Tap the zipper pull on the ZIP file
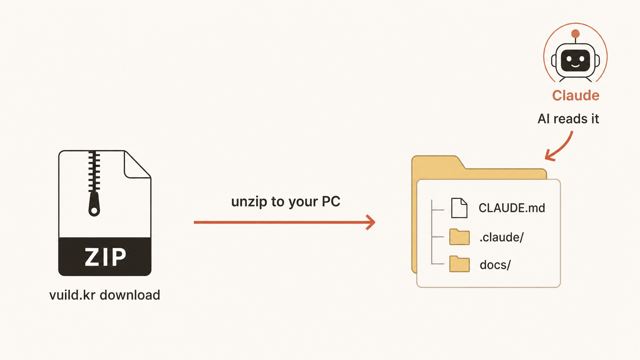click(x=94, y=204)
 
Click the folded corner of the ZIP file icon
click(x=137, y=165)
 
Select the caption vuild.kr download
click(x=104, y=295)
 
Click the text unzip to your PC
click(x=286, y=202)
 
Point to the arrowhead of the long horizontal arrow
click(x=371, y=222)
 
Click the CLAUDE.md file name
click(x=512, y=208)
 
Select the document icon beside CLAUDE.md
click(x=459, y=208)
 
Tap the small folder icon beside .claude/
click(x=459, y=237)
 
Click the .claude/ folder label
click(x=501, y=237)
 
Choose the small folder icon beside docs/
click(x=459, y=264)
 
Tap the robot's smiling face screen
click(x=575, y=60)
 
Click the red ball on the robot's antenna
click(x=575, y=34)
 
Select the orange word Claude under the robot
click(x=575, y=95)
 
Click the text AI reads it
click(x=568, y=119)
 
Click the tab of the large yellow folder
click(x=437, y=163)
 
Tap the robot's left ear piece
click(x=554, y=60)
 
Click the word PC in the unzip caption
click(x=331, y=201)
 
